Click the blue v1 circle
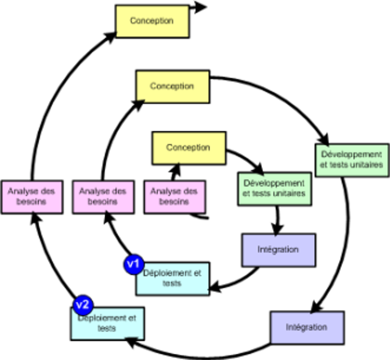tap(134, 264)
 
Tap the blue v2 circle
tap(83, 304)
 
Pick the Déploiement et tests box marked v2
tap(108, 324)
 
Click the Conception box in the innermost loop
tap(188, 148)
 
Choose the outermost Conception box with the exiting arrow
tap(152, 21)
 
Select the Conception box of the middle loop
tap(172, 86)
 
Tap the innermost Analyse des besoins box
tap(174, 197)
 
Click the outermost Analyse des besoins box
tap(31, 197)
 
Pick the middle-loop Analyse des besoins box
tap(103, 197)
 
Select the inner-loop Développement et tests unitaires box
tap(274, 189)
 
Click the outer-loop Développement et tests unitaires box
tap(352, 160)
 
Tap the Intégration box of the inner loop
tap(278, 250)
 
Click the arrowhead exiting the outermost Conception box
tap(200, 7)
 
